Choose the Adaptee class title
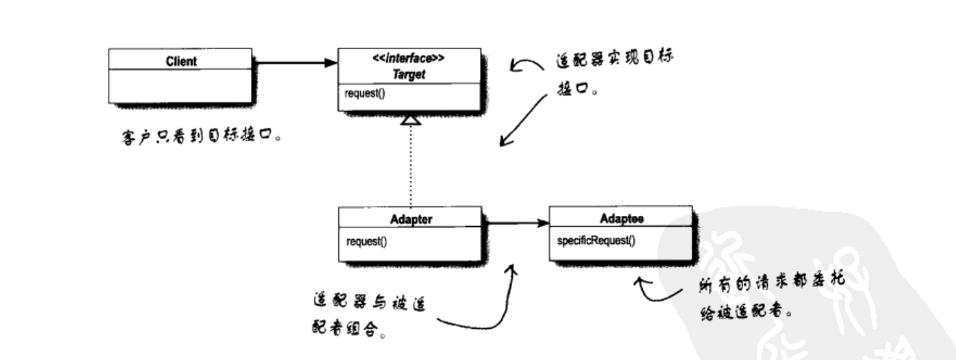point(619,217)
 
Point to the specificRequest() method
point(595,240)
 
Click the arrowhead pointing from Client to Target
point(331,63)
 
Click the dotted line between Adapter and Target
point(411,167)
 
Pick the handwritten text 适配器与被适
point(369,302)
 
